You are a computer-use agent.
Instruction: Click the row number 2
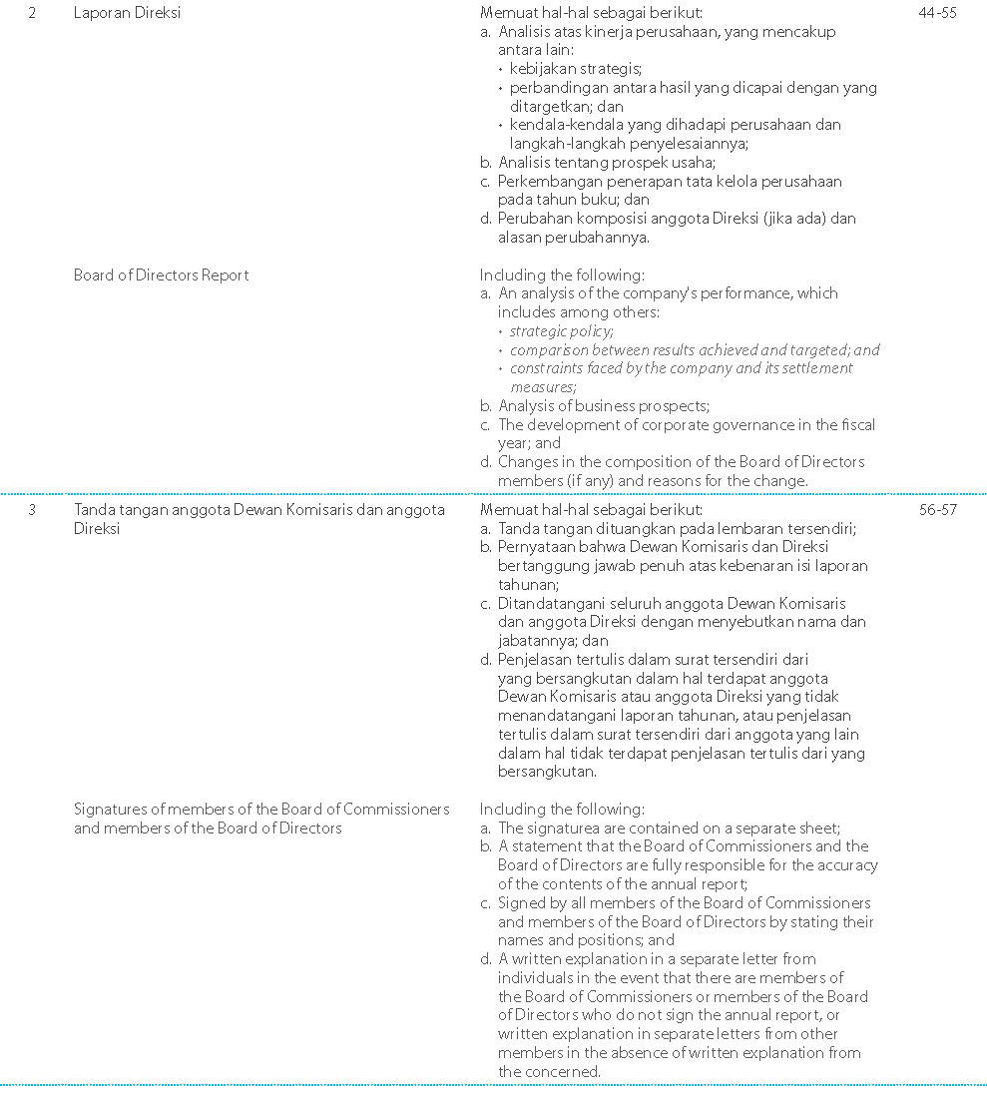pos(33,14)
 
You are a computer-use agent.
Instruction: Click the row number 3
pos(33,510)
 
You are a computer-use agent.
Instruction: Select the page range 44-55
pos(936,14)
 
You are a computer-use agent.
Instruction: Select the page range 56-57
pos(936,510)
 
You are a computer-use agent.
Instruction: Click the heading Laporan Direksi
pos(127,14)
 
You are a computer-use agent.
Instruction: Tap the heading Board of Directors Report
pos(161,276)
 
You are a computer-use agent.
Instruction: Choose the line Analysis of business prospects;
pos(603,406)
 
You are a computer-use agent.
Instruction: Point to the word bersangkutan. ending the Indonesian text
pos(547,772)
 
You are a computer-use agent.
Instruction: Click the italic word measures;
pos(543,387)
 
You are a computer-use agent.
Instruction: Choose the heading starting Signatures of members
pos(261,810)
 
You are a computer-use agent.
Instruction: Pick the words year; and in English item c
pos(529,443)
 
